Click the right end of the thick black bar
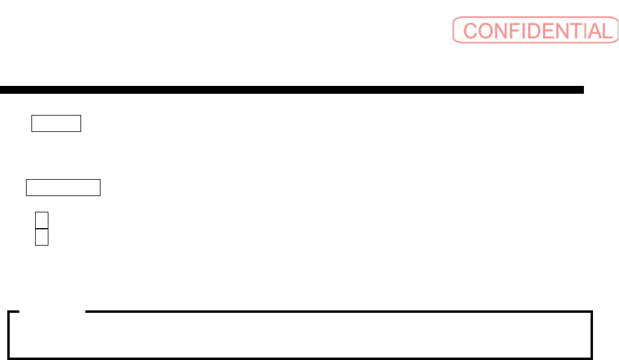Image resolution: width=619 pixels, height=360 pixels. pos(581,90)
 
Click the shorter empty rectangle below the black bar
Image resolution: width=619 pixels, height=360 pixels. pos(56,123)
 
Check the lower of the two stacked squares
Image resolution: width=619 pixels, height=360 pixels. pos(41,237)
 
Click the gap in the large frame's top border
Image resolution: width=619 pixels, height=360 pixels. pos(52,312)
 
